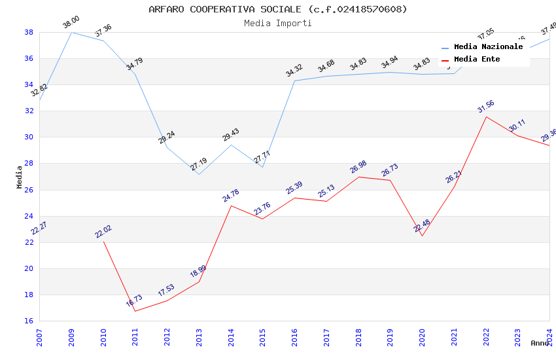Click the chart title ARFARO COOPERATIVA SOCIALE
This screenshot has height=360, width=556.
(x=277, y=9)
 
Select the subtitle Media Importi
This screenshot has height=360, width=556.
(x=277, y=23)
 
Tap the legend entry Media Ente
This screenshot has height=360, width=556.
(x=477, y=60)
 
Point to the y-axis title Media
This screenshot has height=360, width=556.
(x=20, y=177)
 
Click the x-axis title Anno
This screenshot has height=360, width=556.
(x=540, y=343)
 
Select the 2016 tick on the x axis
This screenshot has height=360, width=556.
(x=294, y=334)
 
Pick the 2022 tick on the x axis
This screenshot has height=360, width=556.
(x=486, y=334)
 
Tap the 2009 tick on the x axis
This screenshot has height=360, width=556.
(x=71, y=334)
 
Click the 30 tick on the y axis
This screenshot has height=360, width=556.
(x=29, y=137)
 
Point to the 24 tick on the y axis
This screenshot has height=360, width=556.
(x=29, y=216)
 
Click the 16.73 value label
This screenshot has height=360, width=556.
(x=133, y=301)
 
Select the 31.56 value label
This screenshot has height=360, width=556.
(x=485, y=107)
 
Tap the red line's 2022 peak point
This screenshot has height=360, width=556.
(x=486, y=117)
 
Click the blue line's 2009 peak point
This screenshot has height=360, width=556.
(x=71, y=32)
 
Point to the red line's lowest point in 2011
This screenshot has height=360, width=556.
(x=135, y=311)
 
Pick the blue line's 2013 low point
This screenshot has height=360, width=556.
(x=199, y=174)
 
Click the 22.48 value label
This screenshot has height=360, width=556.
(x=421, y=226)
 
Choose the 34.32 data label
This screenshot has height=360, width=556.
(x=294, y=71)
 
